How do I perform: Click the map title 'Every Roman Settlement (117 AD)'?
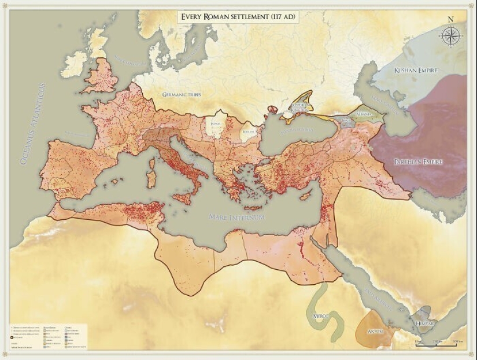[238, 16]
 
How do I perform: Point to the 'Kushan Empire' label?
[416, 71]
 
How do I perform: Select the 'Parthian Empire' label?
[419, 162]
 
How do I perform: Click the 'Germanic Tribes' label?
[182, 94]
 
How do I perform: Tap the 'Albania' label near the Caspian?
[364, 115]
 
